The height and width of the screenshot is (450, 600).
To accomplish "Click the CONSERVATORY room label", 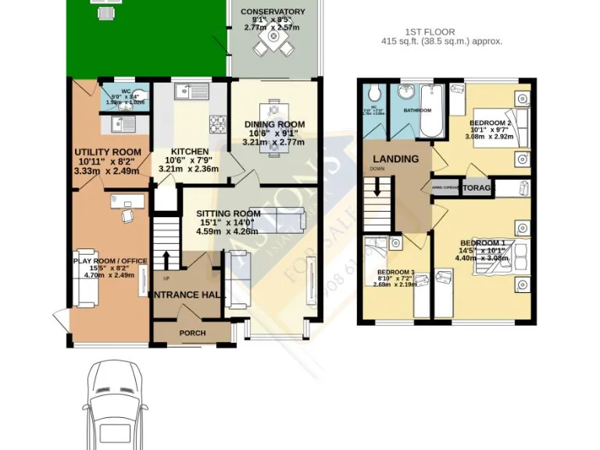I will pos(268,12).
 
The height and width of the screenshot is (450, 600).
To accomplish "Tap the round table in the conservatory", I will pos(272,37).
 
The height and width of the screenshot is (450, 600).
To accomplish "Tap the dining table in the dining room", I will pos(273,127).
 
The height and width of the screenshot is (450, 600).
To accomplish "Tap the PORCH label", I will pos(192,333).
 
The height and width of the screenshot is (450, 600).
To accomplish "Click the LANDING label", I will pos(395,159).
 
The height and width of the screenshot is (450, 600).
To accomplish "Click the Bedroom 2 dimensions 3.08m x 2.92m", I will pos(488,137).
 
